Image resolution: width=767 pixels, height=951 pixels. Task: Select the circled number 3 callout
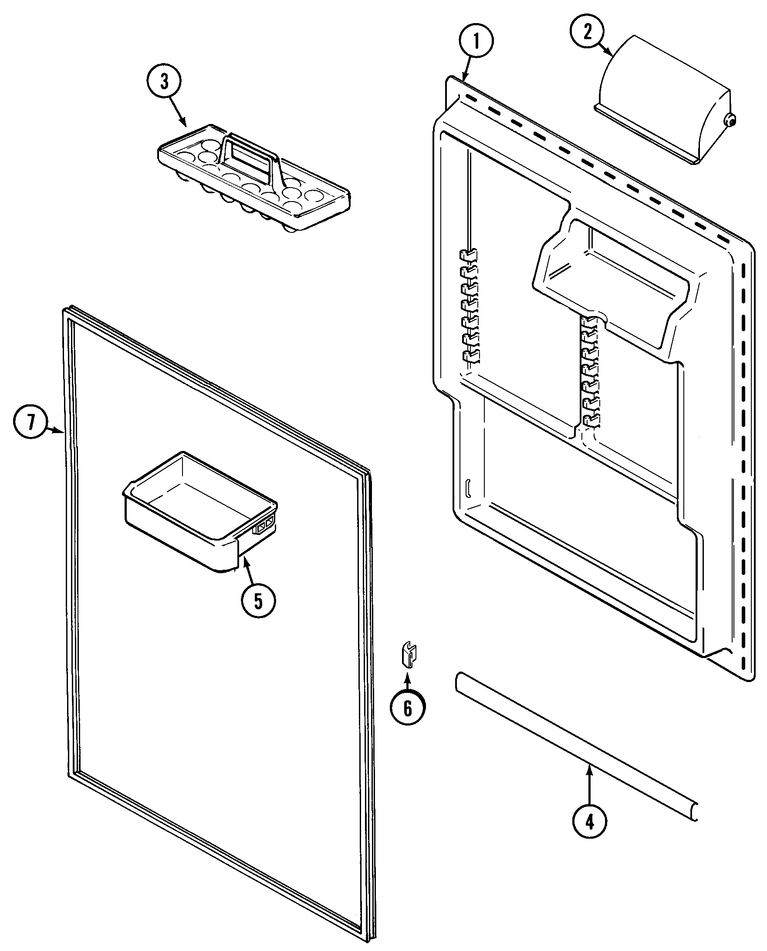[x=164, y=82]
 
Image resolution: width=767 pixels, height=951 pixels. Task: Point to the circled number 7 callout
[x=30, y=422]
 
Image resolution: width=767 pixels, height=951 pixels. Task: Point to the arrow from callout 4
[x=589, y=786]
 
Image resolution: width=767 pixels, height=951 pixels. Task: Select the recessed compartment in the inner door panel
[x=614, y=274]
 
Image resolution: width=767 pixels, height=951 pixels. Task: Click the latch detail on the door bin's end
[x=264, y=526]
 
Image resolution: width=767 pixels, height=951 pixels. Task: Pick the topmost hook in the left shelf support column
[x=468, y=254]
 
